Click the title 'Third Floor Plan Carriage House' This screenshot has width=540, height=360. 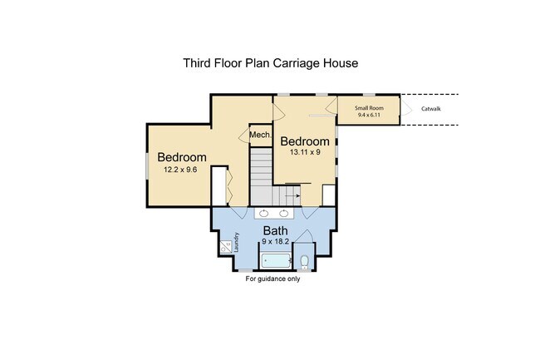tap(270, 63)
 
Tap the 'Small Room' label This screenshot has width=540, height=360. tap(369, 108)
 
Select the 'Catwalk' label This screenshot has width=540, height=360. tap(431, 109)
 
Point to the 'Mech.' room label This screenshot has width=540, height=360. tap(260, 135)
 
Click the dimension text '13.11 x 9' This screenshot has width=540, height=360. tap(305, 152)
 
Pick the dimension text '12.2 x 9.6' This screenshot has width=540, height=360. tap(180, 170)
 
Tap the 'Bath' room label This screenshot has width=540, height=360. tap(275, 230)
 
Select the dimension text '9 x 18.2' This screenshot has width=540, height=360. tap(275, 241)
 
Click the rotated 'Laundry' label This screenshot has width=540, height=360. tap(236, 242)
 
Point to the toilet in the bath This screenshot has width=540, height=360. tap(304, 262)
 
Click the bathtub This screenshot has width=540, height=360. tap(276, 261)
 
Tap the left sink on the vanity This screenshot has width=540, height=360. tap(264, 213)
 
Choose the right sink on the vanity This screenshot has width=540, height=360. tap(284, 213)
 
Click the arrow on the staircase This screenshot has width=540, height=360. tap(292, 195)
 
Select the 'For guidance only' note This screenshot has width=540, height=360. tap(272, 279)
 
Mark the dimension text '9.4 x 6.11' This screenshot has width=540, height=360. tap(369, 115)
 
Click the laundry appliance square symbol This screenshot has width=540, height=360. tap(226, 247)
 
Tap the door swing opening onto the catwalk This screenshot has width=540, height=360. tap(405, 107)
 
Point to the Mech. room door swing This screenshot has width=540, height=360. tap(244, 135)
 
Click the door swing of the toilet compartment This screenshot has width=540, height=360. tap(304, 236)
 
